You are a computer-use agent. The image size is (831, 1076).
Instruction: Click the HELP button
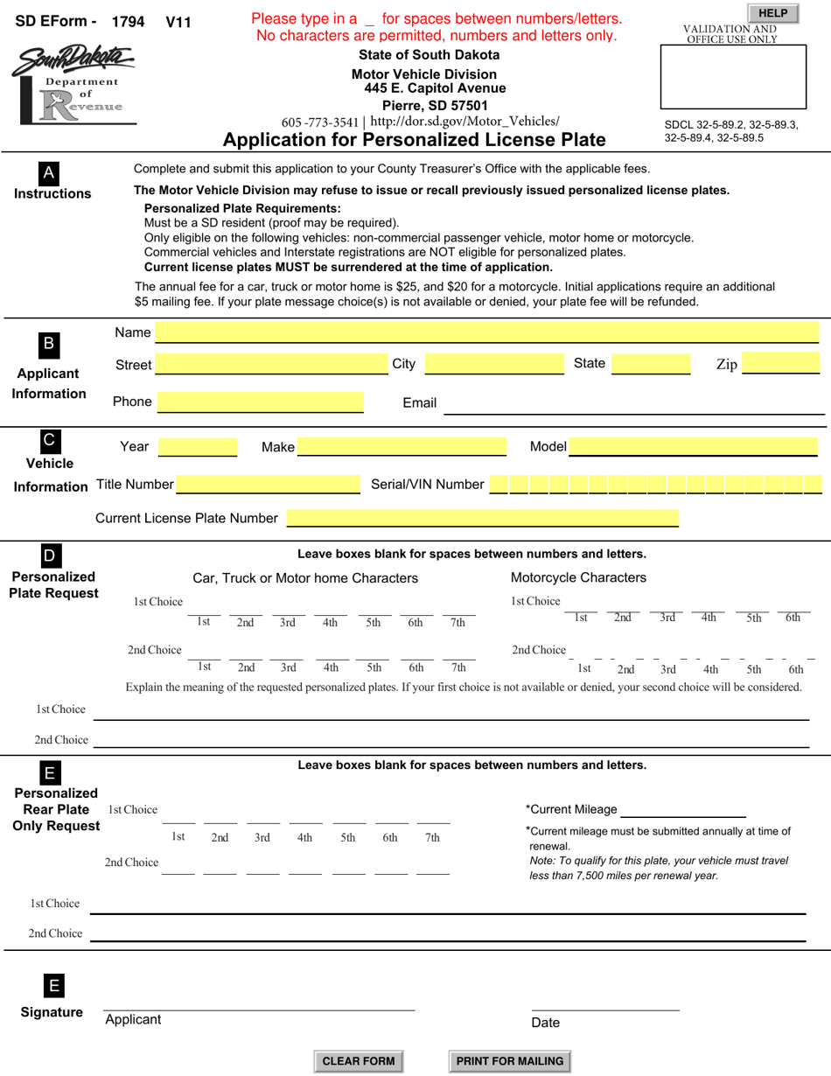coord(772,13)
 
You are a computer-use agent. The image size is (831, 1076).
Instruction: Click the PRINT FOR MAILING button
coord(510,1061)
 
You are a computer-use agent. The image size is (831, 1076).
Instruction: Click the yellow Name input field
coord(486,332)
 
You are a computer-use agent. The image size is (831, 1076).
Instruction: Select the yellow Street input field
coord(271,364)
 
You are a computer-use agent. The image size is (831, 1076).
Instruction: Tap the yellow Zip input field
coord(780,364)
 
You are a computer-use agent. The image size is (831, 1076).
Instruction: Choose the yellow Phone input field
coord(260,402)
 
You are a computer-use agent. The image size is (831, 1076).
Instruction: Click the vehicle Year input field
coord(197,447)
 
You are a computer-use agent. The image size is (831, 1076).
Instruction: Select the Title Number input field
coord(268,485)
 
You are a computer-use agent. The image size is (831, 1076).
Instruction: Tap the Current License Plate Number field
coord(482,518)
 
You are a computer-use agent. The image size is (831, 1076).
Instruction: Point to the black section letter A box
coord(49,173)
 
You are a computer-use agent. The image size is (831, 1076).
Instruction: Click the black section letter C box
coord(49,440)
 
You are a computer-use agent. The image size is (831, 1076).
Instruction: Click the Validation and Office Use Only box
coord(733,77)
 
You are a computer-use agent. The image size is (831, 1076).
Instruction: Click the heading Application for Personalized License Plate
coord(414,140)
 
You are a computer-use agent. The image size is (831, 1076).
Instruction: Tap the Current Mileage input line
coord(682,810)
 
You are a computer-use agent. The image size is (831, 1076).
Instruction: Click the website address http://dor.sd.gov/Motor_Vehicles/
coord(464,122)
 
